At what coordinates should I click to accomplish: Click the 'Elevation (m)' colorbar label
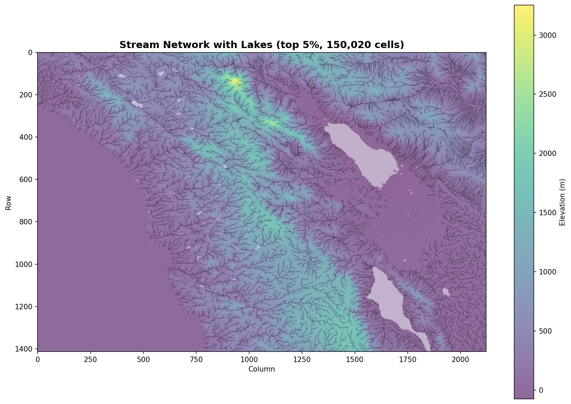[562, 202]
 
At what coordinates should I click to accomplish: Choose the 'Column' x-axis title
[261, 369]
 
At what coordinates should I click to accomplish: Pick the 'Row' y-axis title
[8, 202]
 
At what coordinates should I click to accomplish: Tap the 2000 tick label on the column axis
[460, 359]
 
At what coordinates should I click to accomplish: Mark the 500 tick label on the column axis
[143, 359]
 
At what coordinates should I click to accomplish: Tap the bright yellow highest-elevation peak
[234, 81]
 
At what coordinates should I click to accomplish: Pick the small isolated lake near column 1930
[446, 291]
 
